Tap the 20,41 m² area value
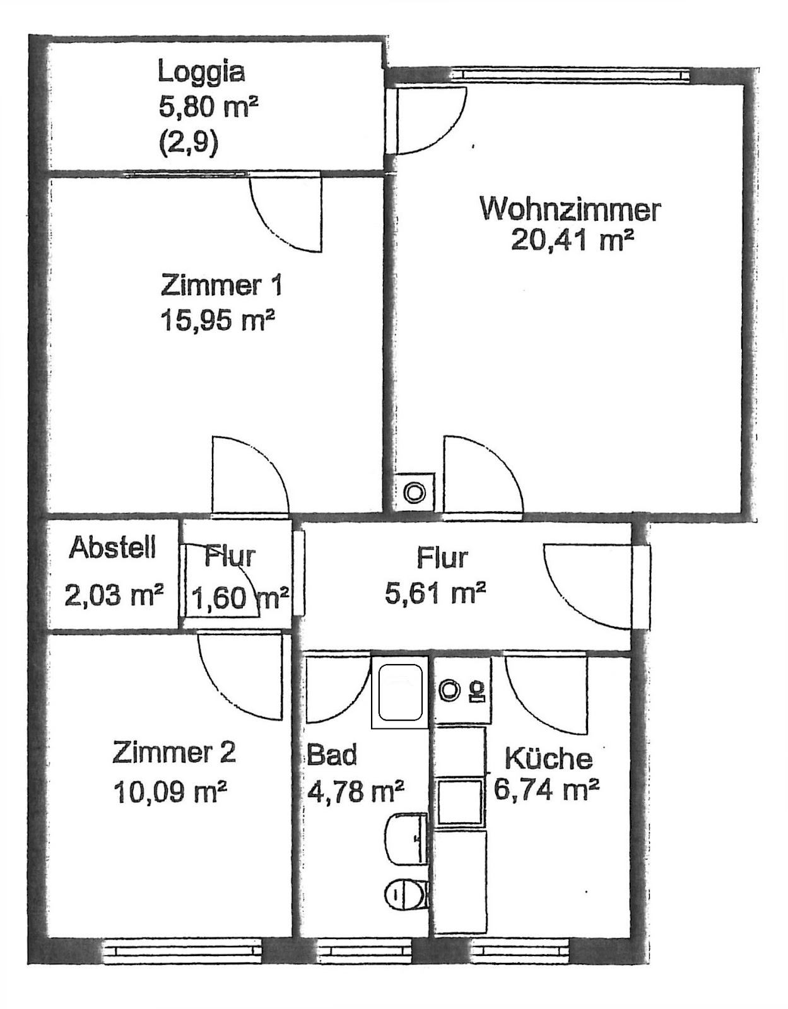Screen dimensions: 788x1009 click(572, 240)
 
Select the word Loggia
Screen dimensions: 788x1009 click(201, 73)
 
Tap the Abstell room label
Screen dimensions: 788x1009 click(112, 548)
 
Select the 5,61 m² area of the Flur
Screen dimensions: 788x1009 click(435, 593)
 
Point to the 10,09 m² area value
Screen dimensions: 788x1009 click(170, 791)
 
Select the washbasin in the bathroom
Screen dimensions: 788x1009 click(406, 839)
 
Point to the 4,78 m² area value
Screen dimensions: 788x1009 click(355, 791)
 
